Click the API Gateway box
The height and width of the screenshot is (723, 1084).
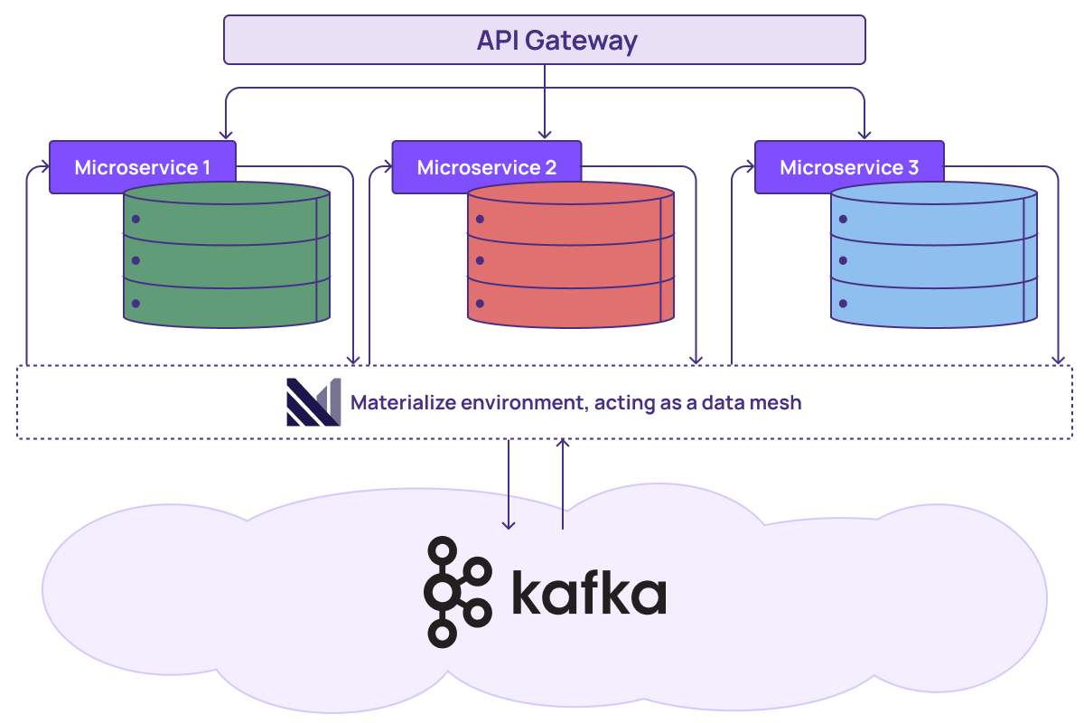544,41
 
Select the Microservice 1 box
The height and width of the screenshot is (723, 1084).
142,167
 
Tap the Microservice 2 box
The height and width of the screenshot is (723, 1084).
486,167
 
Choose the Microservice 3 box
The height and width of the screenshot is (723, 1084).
848,167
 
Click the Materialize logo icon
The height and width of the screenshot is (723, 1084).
313,402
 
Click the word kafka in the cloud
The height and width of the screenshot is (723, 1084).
588,593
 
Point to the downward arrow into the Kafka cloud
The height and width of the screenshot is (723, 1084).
509,522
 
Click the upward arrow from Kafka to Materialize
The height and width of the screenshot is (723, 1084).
563,446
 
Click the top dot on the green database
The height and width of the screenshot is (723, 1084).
135,219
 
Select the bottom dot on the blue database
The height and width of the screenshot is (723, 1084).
843,304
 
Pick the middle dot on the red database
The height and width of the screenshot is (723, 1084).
480,261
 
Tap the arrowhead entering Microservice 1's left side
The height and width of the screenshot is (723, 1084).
43,167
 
